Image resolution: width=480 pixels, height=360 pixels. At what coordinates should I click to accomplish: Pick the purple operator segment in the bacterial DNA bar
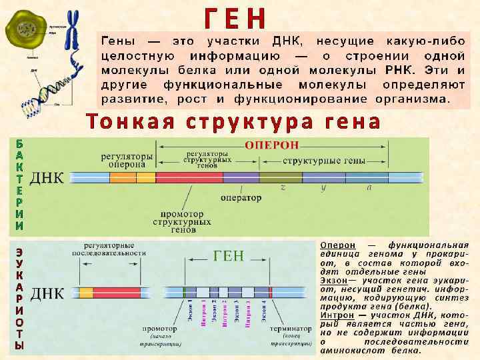[x=241, y=177]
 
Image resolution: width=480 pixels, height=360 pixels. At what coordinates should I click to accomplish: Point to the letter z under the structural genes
[x=283, y=189]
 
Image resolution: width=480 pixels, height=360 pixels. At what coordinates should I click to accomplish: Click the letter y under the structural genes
[x=323, y=189]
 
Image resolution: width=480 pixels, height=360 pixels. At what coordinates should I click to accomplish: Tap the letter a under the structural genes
[x=369, y=189]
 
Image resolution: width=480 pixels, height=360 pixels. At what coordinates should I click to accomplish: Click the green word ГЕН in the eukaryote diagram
[x=229, y=256]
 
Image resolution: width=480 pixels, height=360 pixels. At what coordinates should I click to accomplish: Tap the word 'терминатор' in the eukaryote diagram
[x=291, y=329]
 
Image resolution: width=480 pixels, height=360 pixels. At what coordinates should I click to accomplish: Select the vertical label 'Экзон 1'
[x=190, y=312]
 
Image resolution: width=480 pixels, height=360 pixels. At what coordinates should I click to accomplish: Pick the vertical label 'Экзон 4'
[x=265, y=312]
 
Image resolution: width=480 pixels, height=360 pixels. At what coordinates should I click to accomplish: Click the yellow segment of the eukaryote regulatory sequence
[x=86, y=292]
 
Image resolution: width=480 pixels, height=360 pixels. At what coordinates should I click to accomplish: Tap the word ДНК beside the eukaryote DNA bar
[x=49, y=293]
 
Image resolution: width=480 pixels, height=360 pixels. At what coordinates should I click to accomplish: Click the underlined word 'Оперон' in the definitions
[x=337, y=245]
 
